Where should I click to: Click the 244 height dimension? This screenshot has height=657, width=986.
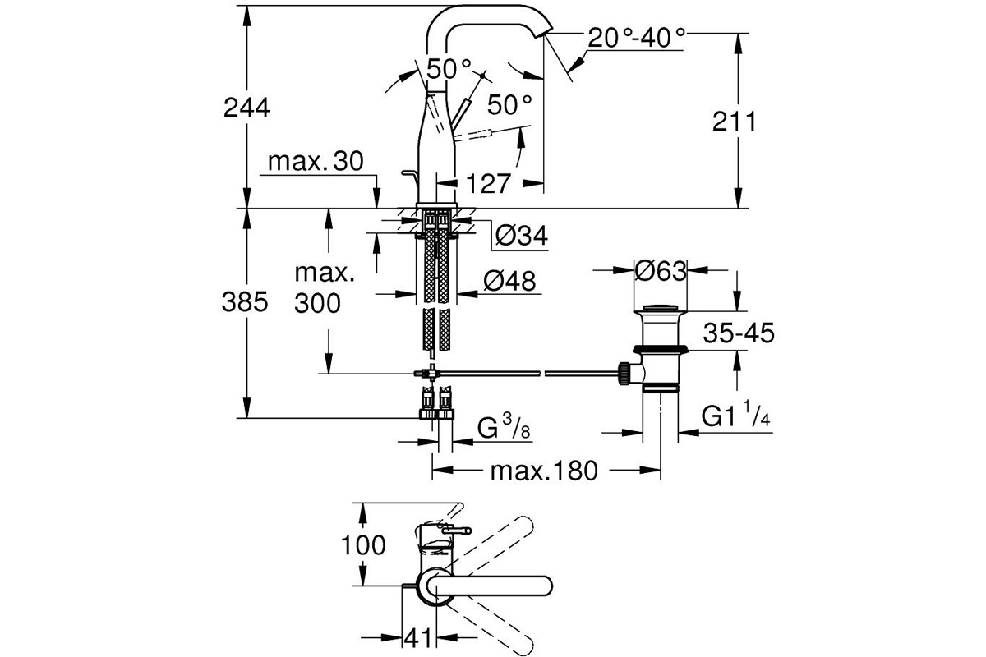(246, 108)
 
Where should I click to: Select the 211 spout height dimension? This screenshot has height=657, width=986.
(734, 121)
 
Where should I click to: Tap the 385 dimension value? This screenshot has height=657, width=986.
(245, 302)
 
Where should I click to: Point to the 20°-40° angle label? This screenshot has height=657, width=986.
(637, 38)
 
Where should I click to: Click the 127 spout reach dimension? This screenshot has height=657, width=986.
(488, 183)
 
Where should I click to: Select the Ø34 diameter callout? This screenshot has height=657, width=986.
(522, 236)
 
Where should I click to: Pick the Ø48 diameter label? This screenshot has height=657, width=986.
(509, 281)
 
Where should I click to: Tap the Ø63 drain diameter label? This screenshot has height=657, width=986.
(661, 271)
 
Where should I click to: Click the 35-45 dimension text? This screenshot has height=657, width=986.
(739, 333)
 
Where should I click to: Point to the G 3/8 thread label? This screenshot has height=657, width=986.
(504, 428)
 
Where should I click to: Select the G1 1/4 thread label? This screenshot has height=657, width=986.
(735, 414)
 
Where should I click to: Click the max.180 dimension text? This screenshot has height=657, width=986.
(544, 471)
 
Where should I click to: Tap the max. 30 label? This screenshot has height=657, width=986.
(316, 162)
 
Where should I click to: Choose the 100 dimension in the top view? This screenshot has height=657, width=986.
(363, 545)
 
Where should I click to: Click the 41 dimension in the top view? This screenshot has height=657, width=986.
(418, 637)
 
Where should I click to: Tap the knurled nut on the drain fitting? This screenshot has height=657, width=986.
(624, 374)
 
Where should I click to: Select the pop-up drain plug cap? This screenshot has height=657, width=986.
(661, 308)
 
